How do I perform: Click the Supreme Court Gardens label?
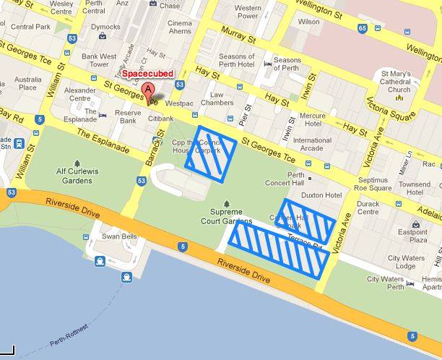(x=226, y=216)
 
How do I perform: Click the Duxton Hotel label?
(x=321, y=195)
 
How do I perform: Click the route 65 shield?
(x=361, y=28)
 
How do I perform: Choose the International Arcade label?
(x=312, y=145)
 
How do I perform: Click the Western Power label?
(x=248, y=12)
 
